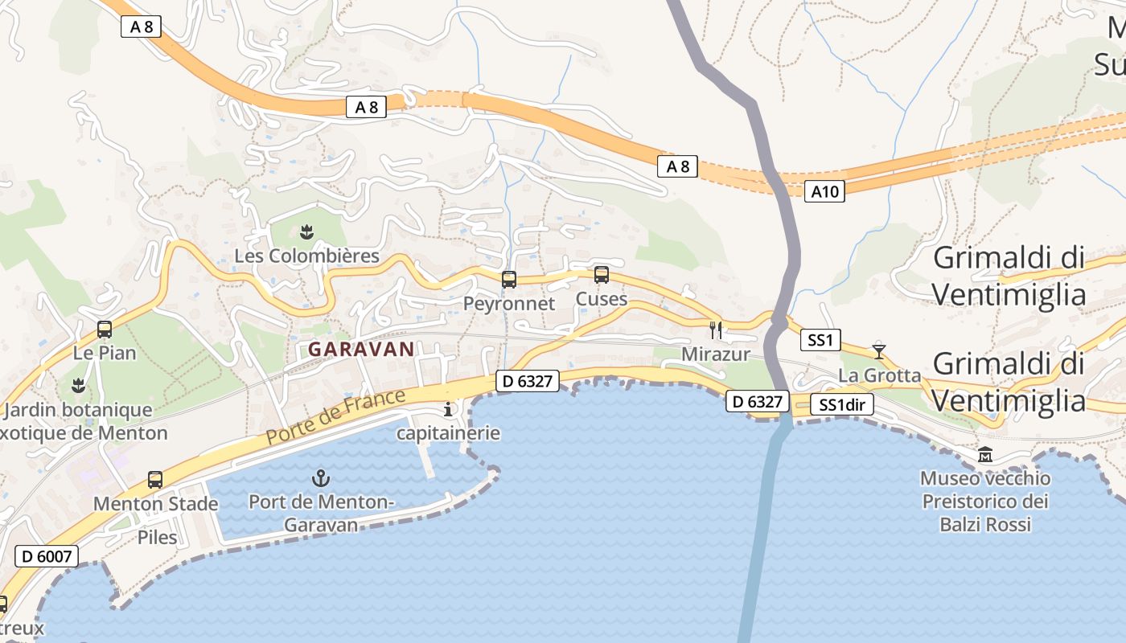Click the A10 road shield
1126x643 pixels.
click(x=824, y=191)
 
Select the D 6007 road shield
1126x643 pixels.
click(x=47, y=555)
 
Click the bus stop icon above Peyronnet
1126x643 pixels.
click(x=508, y=280)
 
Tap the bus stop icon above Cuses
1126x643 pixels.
click(x=601, y=275)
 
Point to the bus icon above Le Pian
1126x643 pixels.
click(x=104, y=329)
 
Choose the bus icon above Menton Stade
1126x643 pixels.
click(x=155, y=480)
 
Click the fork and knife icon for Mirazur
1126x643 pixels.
click(x=716, y=330)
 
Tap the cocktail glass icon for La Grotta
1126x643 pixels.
click(x=879, y=351)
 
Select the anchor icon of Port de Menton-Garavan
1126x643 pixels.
click(x=321, y=478)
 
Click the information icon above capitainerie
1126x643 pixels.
click(x=448, y=410)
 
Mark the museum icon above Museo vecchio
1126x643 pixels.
click(x=985, y=455)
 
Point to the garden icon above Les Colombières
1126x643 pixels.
click(x=306, y=233)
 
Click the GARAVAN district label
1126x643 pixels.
click(x=361, y=350)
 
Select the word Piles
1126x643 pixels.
click(x=157, y=537)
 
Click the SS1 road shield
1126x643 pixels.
click(x=820, y=340)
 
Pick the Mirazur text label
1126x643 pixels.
click(x=716, y=354)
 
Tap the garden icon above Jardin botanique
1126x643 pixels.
click(x=78, y=386)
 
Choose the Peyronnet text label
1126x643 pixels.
click(x=508, y=304)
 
